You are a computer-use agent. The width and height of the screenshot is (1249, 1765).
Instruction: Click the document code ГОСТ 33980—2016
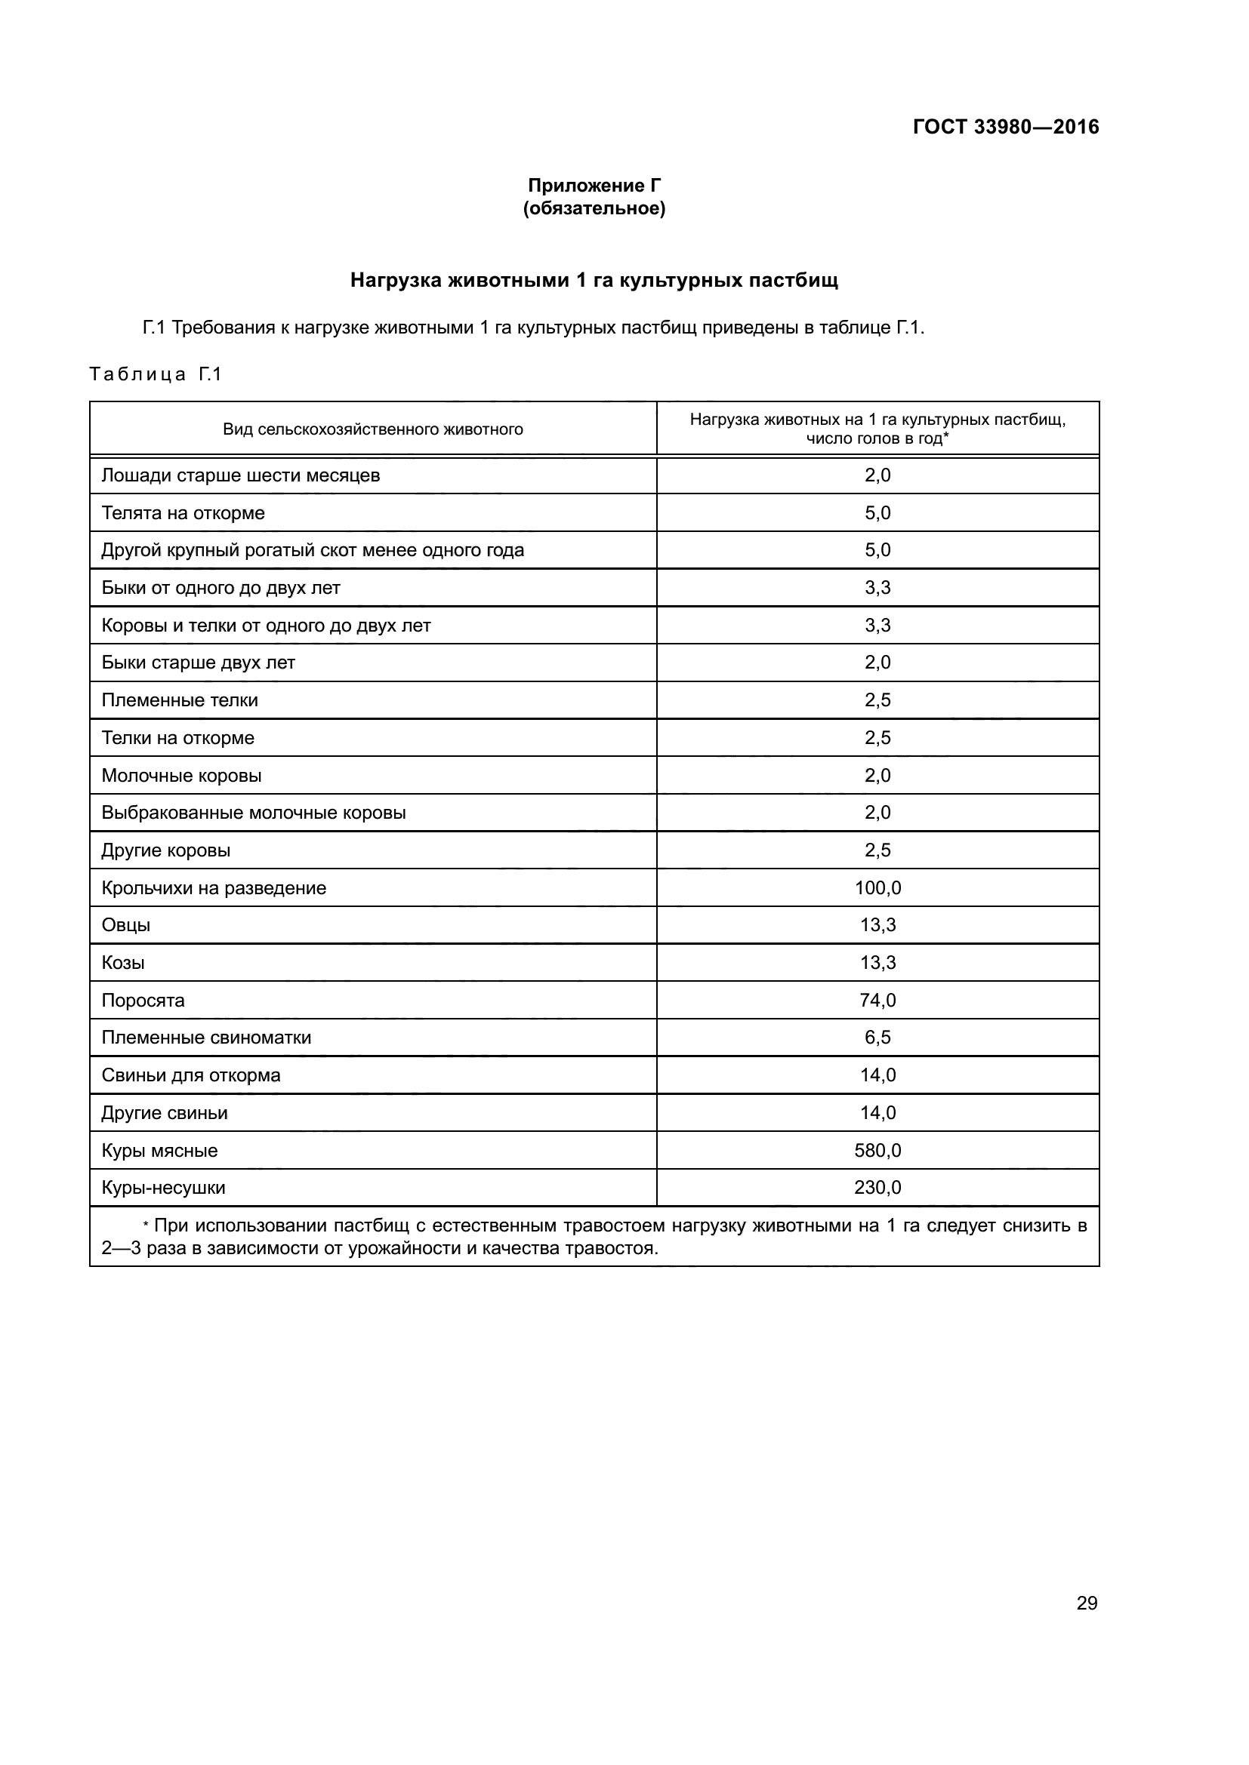[1005, 127]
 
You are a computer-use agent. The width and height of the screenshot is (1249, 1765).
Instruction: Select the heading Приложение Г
[594, 186]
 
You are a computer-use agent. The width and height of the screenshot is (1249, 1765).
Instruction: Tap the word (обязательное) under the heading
[594, 208]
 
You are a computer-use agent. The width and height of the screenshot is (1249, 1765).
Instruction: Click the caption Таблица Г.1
[156, 374]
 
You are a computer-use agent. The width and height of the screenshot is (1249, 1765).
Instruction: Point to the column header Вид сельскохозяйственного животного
[373, 429]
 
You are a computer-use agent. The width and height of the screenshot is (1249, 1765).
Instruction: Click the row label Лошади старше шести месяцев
[241, 475]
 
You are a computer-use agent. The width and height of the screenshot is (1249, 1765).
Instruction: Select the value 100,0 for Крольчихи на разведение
[877, 888]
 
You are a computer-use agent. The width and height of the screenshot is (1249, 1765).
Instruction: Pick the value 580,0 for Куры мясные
[877, 1151]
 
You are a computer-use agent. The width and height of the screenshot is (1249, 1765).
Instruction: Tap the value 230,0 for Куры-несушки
[877, 1188]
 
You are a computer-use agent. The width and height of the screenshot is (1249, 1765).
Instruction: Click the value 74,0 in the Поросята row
[877, 1000]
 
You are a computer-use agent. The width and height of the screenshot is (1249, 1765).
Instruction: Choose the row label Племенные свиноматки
[206, 1038]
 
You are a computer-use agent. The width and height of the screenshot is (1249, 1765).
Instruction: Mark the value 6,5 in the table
[877, 1038]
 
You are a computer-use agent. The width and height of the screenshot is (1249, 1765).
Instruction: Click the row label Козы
[123, 963]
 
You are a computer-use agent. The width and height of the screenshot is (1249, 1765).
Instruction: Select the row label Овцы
[126, 926]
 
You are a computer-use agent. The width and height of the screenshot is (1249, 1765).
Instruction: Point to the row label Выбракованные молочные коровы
[254, 813]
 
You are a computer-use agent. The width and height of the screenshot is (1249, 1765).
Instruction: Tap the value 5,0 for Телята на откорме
[877, 512]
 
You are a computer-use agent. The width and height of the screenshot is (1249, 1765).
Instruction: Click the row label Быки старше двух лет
[199, 663]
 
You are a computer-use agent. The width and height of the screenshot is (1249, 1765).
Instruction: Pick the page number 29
[1087, 1603]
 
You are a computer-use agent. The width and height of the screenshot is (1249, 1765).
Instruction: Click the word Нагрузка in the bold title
[396, 281]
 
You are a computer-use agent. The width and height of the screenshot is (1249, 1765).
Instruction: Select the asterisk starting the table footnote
[146, 1227]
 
